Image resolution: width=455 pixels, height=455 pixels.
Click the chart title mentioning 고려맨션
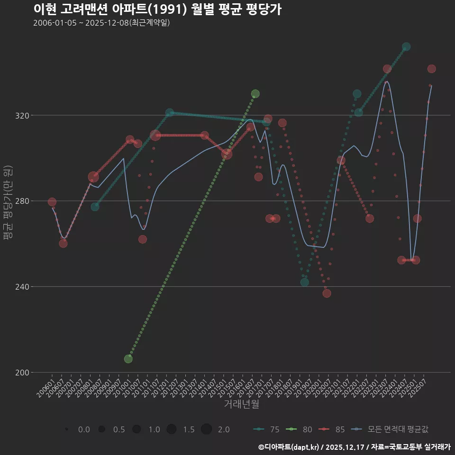tap(157, 9)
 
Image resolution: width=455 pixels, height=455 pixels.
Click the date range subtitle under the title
tap(101, 23)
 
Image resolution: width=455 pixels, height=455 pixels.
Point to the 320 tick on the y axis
tap(21, 116)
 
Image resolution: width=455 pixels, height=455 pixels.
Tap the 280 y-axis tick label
tap(21, 201)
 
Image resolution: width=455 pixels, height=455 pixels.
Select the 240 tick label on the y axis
tap(21, 287)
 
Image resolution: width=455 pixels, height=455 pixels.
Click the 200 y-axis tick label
tap(21, 372)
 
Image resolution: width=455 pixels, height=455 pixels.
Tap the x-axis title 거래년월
tap(241, 404)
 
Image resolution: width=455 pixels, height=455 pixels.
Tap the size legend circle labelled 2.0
tap(206, 429)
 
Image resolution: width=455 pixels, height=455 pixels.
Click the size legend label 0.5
tap(119, 429)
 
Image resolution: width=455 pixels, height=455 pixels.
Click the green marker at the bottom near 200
tap(128, 359)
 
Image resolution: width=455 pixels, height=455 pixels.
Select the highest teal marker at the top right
tap(406, 47)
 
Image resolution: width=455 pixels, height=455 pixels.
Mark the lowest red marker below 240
tap(327, 293)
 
